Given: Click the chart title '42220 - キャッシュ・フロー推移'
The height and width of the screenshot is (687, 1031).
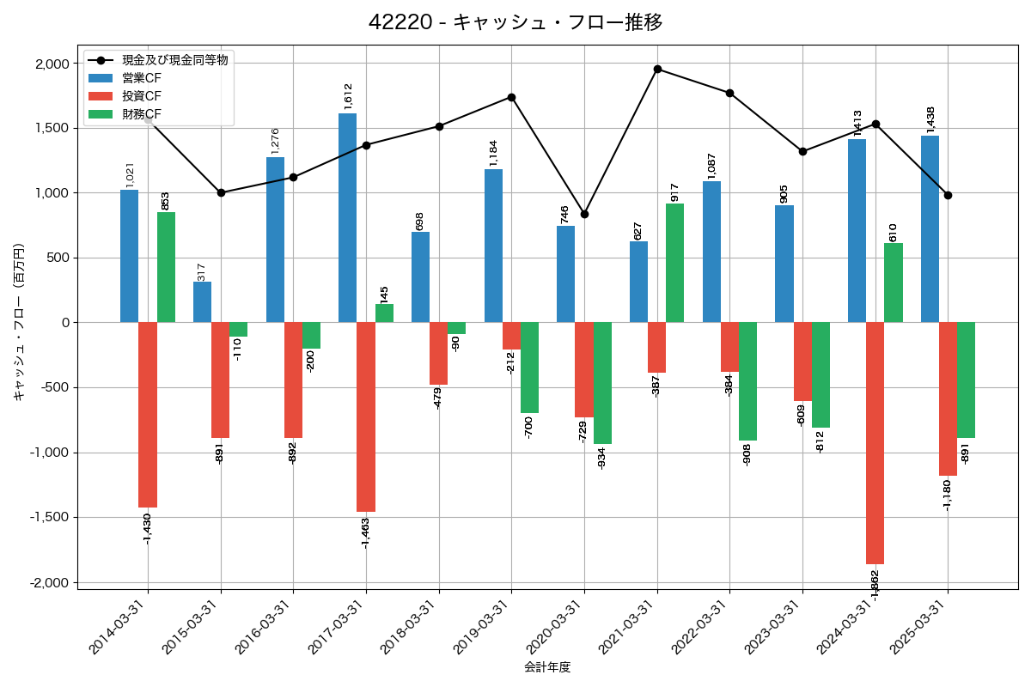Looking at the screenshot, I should click(x=515, y=22).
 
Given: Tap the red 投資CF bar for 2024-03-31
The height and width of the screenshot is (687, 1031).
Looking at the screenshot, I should click(x=875, y=442).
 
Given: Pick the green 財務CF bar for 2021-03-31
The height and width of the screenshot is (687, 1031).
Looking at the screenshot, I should click(x=675, y=263).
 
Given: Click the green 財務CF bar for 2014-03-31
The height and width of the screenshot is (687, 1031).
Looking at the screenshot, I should click(x=166, y=267).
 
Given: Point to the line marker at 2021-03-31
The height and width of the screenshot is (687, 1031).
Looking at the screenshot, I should click(x=657, y=69).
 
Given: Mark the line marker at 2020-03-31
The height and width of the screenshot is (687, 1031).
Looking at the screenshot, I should click(x=584, y=214).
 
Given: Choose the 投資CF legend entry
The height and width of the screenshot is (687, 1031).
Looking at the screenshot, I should click(x=141, y=95).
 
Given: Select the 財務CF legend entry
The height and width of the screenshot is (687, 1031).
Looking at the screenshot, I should click(x=141, y=113).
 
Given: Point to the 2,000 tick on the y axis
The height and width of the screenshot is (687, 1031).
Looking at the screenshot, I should click(x=52, y=64).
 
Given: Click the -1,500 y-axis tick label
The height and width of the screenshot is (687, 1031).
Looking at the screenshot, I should click(x=50, y=517).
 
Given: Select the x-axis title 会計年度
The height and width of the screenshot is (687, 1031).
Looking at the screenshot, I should click(x=547, y=667).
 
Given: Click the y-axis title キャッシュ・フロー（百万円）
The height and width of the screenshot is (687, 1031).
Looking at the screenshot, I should click(x=19, y=322).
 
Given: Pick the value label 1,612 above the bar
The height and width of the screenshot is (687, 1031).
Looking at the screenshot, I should click(x=348, y=96).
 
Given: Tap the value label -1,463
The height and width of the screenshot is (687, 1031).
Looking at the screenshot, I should click(x=366, y=532).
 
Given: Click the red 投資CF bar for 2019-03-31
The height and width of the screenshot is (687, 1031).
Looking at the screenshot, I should click(x=511, y=336).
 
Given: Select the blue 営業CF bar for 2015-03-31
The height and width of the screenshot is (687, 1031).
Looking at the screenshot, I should click(x=202, y=301).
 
